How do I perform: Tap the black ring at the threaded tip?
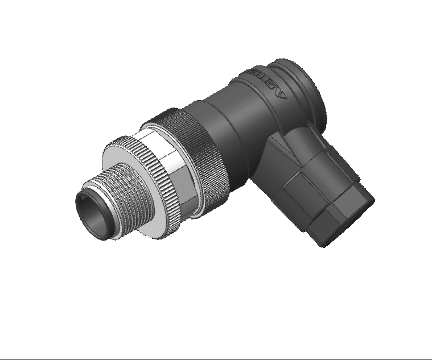coord(85,201)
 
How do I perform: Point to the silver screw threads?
coord(117,188)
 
